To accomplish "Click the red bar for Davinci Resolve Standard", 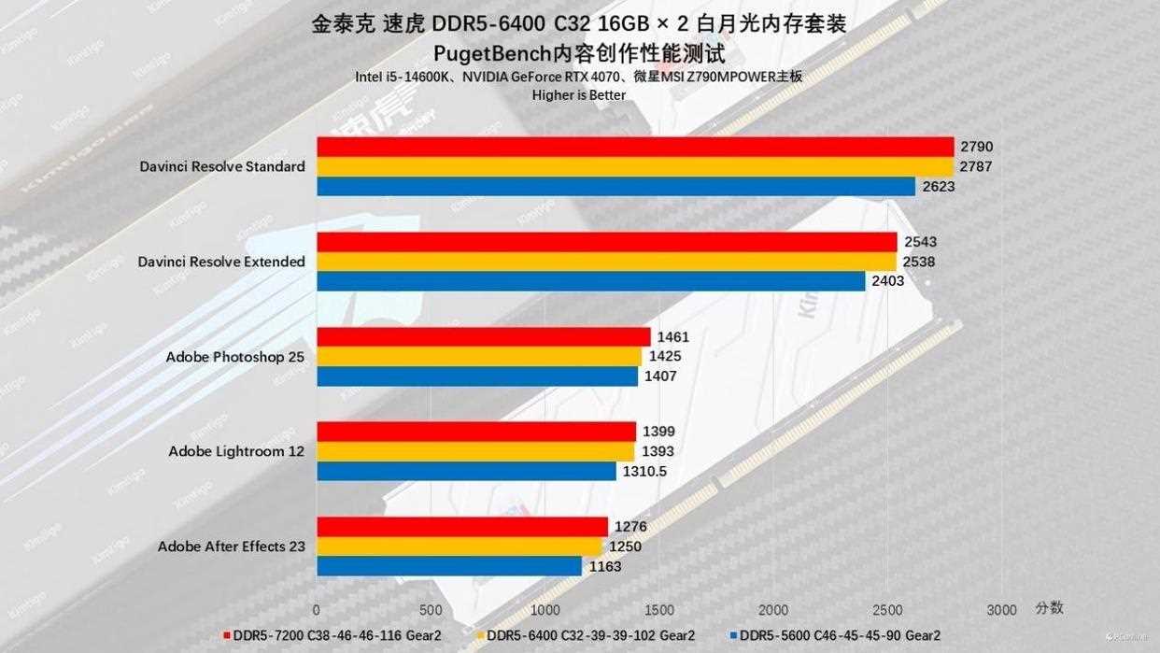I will pyautogui.click(x=635, y=147).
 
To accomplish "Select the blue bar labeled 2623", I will pyautogui.click(x=616, y=187).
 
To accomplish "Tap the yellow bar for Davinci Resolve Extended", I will pyautogui.click(x=606, y=262).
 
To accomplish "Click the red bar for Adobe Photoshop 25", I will pyautogui.click(x=484, y=336).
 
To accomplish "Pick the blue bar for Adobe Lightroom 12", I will pyautogui.click(x=466, y=471).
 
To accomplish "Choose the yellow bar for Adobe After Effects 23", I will pyautogui.click(x=460, y=547).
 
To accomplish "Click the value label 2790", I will pyautogui.click(x=976, y=147).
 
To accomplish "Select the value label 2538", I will pyautogui.click(x=918, y=263).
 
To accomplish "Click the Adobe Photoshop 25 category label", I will pyautogui.click(x=235, y=356).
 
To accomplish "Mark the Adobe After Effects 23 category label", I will pyautogui.click(x=231, y=547).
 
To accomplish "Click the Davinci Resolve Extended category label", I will pyautogui.click(x=221, y=262).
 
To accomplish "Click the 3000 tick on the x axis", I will pyautogui.click(x=1001, y=610).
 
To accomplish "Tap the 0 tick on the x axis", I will pyautogui.click(x=317, y=610).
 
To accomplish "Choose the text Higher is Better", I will pyautogui.click(x=578, y=94).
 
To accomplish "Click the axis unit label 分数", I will pyautogui.click(x=1049, y=607).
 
